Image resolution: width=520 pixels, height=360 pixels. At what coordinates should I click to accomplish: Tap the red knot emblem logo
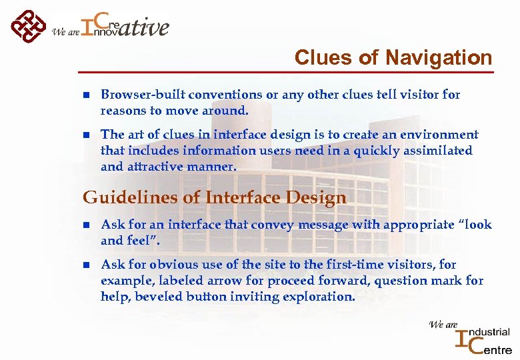[x=28, y=27]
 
